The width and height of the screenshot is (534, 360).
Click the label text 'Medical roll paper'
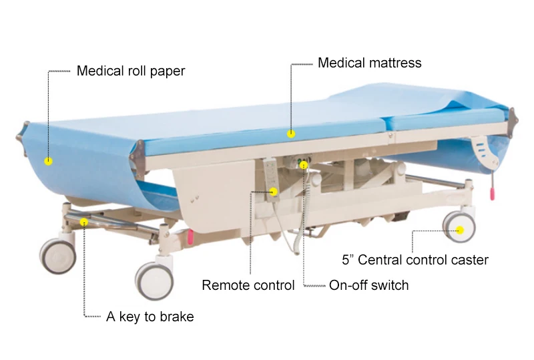point(130,71)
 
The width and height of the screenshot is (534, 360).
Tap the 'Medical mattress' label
point(369,63)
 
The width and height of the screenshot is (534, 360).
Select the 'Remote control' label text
point(248,286)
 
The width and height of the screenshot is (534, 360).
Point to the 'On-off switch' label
point(368,286)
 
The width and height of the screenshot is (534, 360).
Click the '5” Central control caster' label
point(415,260)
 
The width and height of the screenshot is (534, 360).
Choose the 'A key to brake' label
point(150,317)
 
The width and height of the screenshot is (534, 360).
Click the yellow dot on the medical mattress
point(291,133)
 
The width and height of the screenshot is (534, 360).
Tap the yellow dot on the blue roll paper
point(48,160)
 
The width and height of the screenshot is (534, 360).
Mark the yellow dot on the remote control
point(274,192)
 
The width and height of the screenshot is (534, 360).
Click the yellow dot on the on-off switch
point(304,164)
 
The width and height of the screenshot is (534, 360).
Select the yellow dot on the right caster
point(460,230)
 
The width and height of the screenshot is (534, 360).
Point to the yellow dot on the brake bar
point(83,221)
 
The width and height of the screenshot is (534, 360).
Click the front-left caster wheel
point(57,255)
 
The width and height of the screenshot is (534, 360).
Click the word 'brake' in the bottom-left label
point(177,317)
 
